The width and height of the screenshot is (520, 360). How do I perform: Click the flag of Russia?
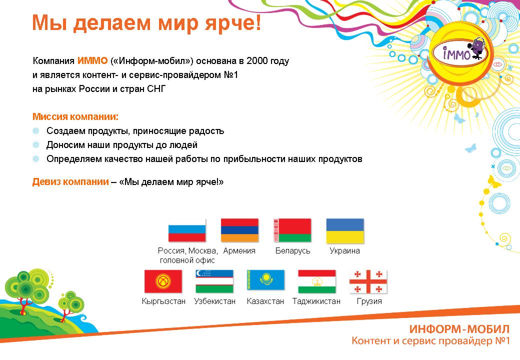coord(187,230)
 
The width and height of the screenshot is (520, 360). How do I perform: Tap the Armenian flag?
coord(239,230)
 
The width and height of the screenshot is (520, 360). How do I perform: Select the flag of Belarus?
coord(292,230)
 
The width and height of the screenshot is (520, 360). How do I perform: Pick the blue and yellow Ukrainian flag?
coord(345,230)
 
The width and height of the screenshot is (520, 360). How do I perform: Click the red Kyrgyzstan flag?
coord(163,281)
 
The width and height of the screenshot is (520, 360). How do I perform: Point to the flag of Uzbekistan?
coord(214,281)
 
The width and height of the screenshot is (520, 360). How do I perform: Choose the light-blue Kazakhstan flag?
coord(265,280)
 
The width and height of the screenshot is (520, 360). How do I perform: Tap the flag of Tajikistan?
coord(317,281)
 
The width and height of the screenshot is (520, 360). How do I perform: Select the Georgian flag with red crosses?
coord(368,281)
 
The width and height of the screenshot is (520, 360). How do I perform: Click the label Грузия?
coord(369,301)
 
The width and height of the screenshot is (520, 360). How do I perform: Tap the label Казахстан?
coord(265,301)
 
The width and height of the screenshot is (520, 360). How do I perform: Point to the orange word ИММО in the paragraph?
coord(92,60)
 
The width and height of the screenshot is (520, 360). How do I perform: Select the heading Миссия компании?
coord(75,116)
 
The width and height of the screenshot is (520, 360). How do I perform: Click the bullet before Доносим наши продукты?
coord(36,145)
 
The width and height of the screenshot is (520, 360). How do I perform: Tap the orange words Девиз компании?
coord(70,181)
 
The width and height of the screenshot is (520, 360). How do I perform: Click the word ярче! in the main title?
coord(233,22)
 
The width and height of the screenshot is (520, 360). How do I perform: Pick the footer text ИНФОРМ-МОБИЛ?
coord(459,329)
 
